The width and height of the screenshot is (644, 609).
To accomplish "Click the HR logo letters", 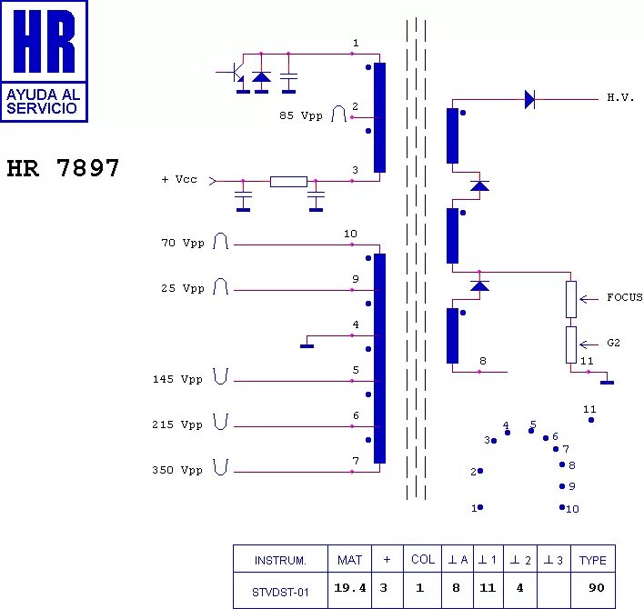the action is point(44,43).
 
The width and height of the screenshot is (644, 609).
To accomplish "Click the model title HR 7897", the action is point(63,169).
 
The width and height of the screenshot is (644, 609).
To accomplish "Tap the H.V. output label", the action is point(620,97).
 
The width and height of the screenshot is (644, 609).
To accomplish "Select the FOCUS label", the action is point(624,297).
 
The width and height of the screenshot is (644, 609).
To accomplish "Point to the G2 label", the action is point(613,344).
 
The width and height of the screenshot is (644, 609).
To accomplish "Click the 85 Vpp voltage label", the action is point(301,116).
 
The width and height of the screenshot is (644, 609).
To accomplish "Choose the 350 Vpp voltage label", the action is point(177,471).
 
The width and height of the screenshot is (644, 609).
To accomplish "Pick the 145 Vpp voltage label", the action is point(177,380).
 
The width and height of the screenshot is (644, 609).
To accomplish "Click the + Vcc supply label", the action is point(179,180).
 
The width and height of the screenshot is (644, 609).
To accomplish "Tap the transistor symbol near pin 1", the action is point(234,71).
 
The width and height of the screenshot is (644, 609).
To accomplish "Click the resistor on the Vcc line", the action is point(288,181).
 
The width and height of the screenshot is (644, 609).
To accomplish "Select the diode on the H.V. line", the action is point(529,99).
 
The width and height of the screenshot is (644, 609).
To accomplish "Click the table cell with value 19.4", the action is point(350,588).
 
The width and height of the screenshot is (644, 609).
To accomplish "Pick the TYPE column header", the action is point(592,560).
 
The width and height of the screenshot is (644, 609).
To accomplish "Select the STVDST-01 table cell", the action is point(280,591).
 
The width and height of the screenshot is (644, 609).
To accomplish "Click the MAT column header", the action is point(349,560).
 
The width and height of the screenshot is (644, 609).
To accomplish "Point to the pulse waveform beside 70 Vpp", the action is point(220,242).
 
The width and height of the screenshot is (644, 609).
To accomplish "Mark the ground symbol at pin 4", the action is point(307,344).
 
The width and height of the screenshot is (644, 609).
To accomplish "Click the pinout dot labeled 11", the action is point(591,420).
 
